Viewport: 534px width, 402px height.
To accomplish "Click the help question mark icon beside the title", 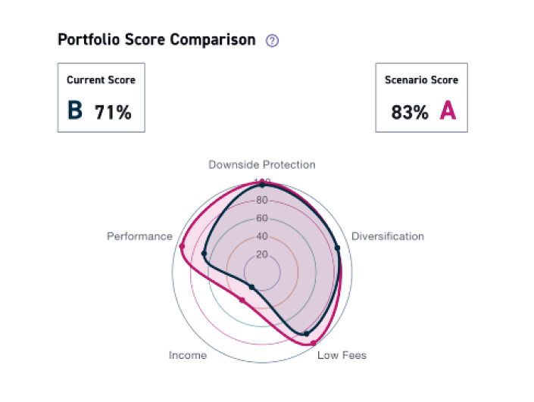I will pos(273,41).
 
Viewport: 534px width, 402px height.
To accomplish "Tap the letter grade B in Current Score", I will pos(74,111).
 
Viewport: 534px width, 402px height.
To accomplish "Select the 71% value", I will pos(113,113).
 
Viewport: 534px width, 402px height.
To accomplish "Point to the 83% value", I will pos(410,113).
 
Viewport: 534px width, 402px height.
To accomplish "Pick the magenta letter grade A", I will pos(448,111).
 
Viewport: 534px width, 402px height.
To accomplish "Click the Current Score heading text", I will pos(101,79).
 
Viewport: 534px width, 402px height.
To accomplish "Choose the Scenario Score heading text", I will pos(422,79).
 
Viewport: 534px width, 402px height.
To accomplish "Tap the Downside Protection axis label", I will pos(262,164).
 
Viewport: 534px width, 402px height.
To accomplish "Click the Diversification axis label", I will pos(388,236).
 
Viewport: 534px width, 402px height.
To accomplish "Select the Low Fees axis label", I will pos(342,355).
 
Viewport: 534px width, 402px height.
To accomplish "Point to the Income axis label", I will pos(187,355).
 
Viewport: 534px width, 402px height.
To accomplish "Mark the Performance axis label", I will pos(139,236).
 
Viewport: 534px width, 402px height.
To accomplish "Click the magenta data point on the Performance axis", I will pos(182,246).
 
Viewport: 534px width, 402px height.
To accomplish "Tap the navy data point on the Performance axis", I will pos(205,254).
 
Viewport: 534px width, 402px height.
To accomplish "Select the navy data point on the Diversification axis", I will pos(337,248).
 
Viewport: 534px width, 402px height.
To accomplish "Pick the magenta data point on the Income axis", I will pos(242,301).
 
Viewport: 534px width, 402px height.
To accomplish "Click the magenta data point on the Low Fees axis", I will pos(314,343).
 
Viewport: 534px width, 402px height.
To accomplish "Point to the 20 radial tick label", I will pos(262,254).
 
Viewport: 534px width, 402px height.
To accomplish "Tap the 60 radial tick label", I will pos(262,218).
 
